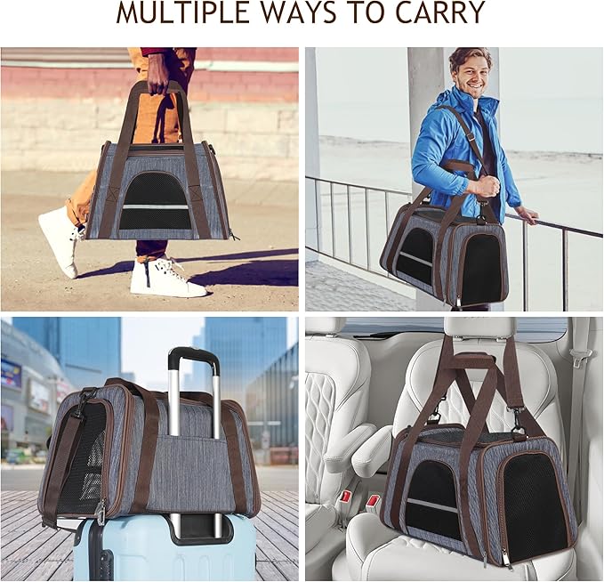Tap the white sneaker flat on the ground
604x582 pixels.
167,278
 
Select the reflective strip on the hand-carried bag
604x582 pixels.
155,207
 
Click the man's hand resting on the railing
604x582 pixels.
527,215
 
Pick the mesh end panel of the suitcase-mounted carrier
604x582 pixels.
82,458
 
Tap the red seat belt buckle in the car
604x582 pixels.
373,501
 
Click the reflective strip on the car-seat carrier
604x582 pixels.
432,505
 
